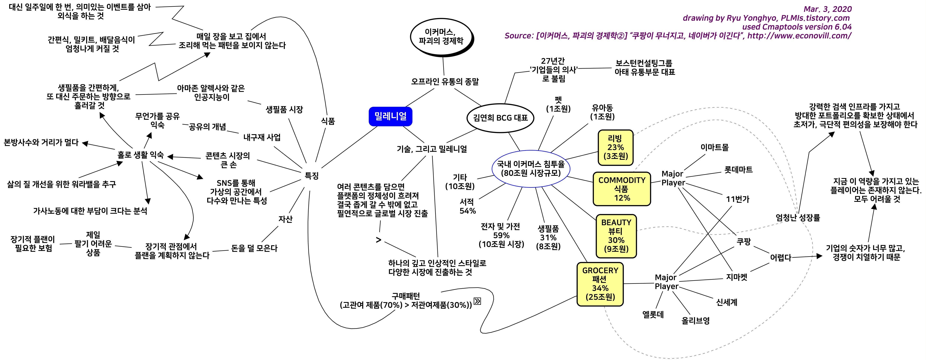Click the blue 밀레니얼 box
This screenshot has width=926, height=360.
(x=390, y=116)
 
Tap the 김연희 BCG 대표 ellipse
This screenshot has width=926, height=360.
(x=500, y=118)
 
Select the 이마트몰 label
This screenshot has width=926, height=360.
(x=714, y=147)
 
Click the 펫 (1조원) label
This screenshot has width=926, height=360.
(x=558, y=104)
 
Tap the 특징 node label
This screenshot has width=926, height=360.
(x=312, y=176)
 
